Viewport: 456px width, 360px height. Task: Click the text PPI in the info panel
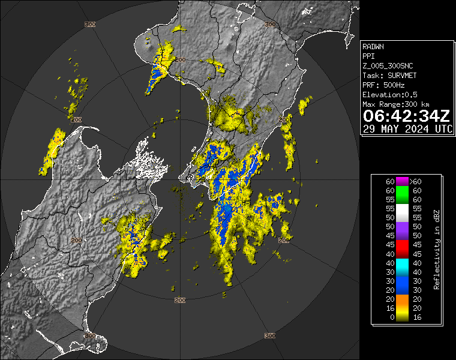click(x=369, y=56)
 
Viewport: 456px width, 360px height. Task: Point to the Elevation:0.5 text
click(x=390, y=94)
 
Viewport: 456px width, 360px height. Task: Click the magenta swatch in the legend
click(x=401, y=181)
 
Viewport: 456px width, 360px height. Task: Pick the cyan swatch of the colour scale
click(x=401, y=263)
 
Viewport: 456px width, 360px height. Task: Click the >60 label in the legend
click(x=415, y=181)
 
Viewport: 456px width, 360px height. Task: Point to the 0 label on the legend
click(x=390, y=317)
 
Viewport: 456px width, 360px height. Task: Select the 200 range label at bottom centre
click(x=179, y=299)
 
